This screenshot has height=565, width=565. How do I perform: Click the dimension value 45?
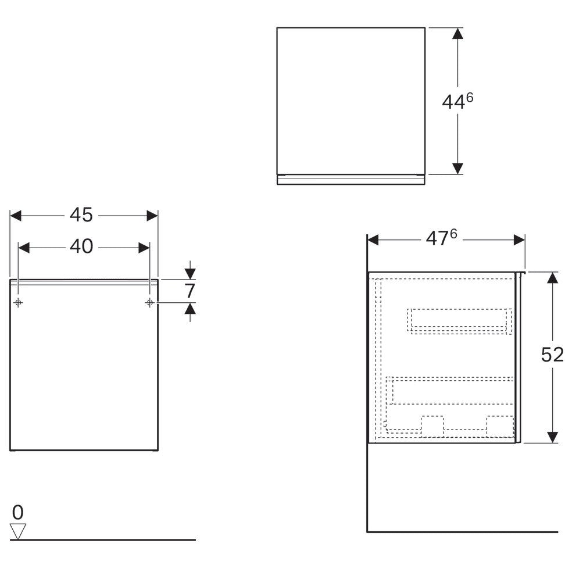tap(81, 215)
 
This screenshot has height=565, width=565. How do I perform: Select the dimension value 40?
tap(81, 247)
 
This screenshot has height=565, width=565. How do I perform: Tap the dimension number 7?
tap(189, 291)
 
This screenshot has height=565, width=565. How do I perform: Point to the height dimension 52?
tap(552, 355)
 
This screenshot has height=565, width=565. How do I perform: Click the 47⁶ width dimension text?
tap(441, 238)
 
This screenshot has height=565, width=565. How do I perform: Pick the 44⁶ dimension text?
tap(457, 101)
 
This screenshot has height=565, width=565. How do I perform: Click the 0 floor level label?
tap(17, 512)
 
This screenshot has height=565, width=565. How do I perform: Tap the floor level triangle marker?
tap(17, 531)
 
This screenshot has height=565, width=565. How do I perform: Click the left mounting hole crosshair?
tap(18, 303)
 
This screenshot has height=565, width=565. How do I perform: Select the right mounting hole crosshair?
tap(150, 303)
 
